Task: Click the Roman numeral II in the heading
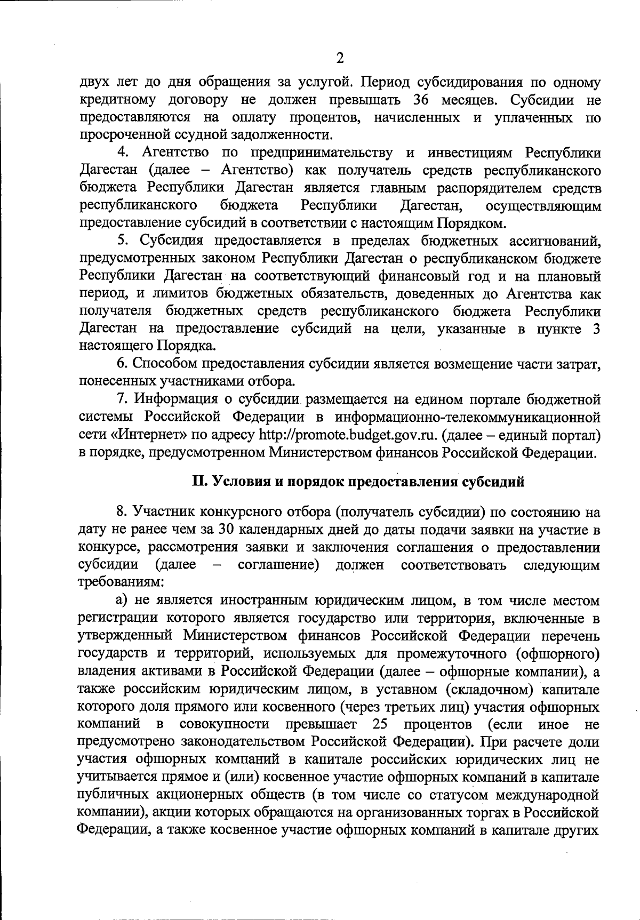(199, 482)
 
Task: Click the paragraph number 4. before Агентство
(123, 153)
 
